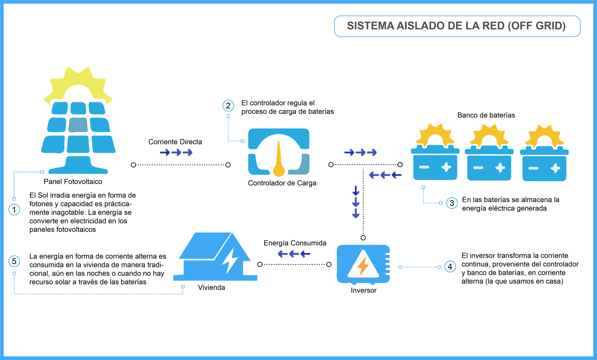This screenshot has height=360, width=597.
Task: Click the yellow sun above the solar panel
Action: click(x=78, y=83)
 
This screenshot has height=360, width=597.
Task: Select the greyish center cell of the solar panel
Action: click(x=78, y=125)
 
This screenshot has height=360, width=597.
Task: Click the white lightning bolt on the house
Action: click(x=230, y=261)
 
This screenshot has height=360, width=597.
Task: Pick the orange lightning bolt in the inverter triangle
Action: click(x=363, y=266)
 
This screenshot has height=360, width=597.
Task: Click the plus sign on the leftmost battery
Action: click(x=446, y=167)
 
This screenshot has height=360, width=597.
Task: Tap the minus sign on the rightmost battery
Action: click(x=533, y=168)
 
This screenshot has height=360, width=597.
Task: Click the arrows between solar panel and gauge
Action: click(x=176, y=152)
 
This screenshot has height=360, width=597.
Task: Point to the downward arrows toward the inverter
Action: click(x=356, y=202)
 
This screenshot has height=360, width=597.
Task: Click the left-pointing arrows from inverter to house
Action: click(x=294, y=254)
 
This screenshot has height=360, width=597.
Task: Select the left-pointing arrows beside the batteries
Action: click(x=385, y=175)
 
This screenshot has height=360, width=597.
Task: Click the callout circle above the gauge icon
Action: click(x=228, y=106)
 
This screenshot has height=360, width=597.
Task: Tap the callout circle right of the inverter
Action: click(x=450, y=267)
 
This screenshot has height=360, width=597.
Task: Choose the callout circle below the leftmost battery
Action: click(x=452, y=203)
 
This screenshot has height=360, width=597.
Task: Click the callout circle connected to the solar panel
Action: click(x=14, y=209)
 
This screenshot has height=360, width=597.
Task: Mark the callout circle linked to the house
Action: click(x=14, y=261)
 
